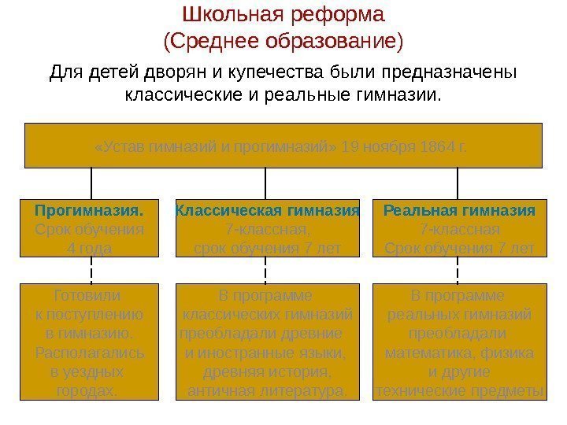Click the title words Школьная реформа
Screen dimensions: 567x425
tap(283, 15)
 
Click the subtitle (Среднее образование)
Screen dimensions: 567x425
tap(283, 39)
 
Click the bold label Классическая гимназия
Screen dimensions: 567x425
tap(266, 211)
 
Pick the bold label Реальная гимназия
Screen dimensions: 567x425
tap(458, 211)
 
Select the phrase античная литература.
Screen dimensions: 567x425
tap(267, 391)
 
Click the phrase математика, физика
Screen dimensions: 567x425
tap(458, 353)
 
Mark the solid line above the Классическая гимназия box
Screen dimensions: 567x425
tap(265, 183)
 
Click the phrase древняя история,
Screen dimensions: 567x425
tap(267, 371)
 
